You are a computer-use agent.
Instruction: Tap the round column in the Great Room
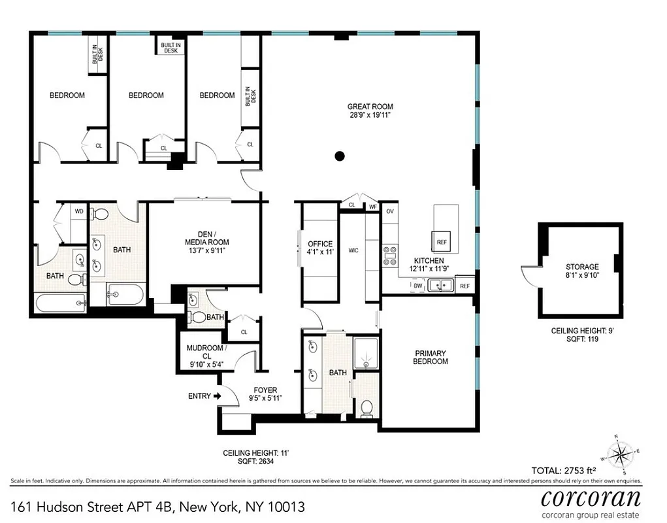339,156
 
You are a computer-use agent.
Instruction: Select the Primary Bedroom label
431,357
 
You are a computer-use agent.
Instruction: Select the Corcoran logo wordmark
591,498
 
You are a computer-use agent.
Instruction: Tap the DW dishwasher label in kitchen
417,286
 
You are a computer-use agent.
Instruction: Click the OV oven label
390,211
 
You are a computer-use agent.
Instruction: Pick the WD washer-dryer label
79,211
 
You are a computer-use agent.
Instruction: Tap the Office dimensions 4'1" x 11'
320,252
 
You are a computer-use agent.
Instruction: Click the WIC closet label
354,250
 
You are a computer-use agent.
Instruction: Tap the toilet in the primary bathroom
366,408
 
